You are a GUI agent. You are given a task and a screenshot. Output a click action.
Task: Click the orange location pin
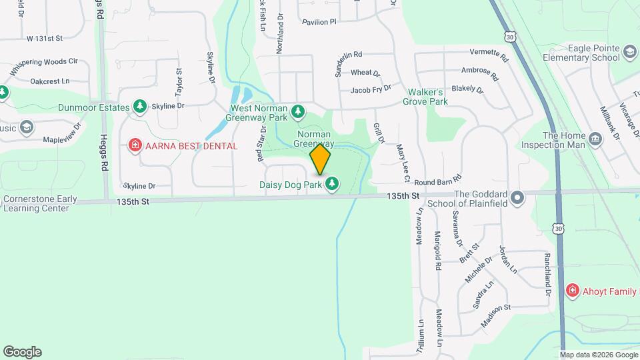click(321, 159)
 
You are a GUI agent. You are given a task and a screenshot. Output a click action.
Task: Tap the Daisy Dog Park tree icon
click(332, 183)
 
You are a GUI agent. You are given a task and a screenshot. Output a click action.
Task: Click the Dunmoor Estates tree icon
click(140, 107)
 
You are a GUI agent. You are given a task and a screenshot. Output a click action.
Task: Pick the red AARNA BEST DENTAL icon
click(135, 145)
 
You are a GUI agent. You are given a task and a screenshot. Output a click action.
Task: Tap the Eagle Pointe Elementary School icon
click(630, 52)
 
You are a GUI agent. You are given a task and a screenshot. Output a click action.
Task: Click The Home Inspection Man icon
click(595, 139)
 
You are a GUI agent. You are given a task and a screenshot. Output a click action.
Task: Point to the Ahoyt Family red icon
click(572, 290)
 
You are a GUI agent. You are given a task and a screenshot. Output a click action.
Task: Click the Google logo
click(22, 352)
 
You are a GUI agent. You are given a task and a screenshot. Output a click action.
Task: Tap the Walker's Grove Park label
click(425, 97)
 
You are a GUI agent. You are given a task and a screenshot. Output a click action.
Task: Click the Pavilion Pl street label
click(319, 22)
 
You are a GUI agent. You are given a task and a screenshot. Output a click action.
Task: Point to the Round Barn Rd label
click(438, 181)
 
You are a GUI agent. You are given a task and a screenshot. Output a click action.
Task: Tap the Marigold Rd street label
click(438, 250)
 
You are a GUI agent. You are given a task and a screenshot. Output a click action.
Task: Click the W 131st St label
click(44, 39)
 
